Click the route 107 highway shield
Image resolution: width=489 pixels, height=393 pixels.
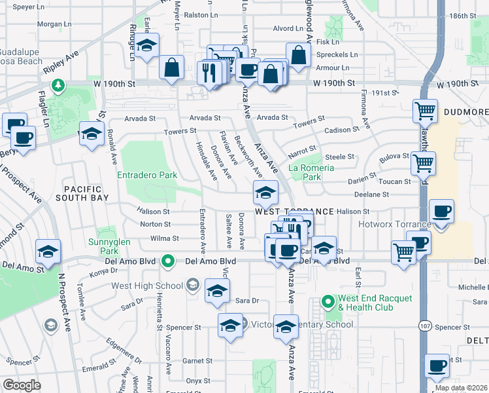click(x=426, y=326)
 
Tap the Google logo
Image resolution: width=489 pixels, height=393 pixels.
click(x=22, y=385)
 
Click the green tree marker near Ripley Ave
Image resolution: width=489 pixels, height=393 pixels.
click(x=58, y=86)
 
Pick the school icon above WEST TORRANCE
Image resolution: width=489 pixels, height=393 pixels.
click(x=265, y=193)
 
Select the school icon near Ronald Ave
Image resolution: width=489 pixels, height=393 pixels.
click(x=92, y=133)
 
